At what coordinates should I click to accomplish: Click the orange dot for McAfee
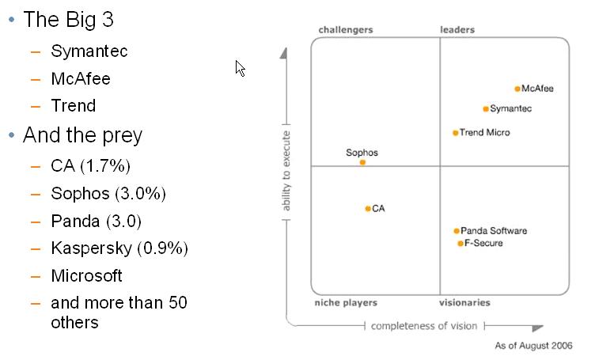517,89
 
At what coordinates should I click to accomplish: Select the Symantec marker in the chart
486,109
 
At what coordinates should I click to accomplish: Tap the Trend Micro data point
455,133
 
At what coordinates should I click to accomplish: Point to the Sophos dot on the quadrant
362,162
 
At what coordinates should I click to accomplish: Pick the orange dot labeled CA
368,209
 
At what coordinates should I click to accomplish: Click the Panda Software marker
457,231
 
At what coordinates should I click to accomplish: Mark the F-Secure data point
460,244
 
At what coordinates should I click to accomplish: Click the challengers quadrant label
345,30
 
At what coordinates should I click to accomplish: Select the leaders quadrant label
457,30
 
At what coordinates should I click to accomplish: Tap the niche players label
346,303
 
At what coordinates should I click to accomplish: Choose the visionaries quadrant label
464,303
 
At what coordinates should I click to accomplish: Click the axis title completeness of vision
424,326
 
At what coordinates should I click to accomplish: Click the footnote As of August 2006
533,346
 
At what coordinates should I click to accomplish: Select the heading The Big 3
68,19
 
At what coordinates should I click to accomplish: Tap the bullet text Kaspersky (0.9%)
119,248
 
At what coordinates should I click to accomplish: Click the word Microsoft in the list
86,276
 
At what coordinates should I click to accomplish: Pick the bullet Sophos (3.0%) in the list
108,194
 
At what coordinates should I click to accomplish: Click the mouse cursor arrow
240,67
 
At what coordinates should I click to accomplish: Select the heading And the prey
82,135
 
